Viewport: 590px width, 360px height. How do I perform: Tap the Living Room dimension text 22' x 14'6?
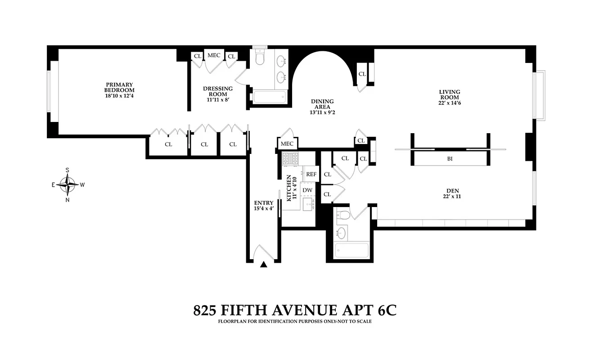450,103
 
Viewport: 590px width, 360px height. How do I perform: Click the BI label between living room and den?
450,158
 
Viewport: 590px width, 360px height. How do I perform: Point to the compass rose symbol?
68,184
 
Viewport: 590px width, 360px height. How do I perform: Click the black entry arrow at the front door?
264,265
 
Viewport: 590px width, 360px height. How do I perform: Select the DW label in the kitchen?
307,190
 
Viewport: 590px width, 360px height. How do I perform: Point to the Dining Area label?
322,102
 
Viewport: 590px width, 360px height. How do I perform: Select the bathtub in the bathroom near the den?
352,251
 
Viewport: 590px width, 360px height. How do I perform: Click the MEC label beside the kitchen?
287,144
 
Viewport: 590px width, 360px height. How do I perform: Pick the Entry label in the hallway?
264,203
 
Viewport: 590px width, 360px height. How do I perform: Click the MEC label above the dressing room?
214,55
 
